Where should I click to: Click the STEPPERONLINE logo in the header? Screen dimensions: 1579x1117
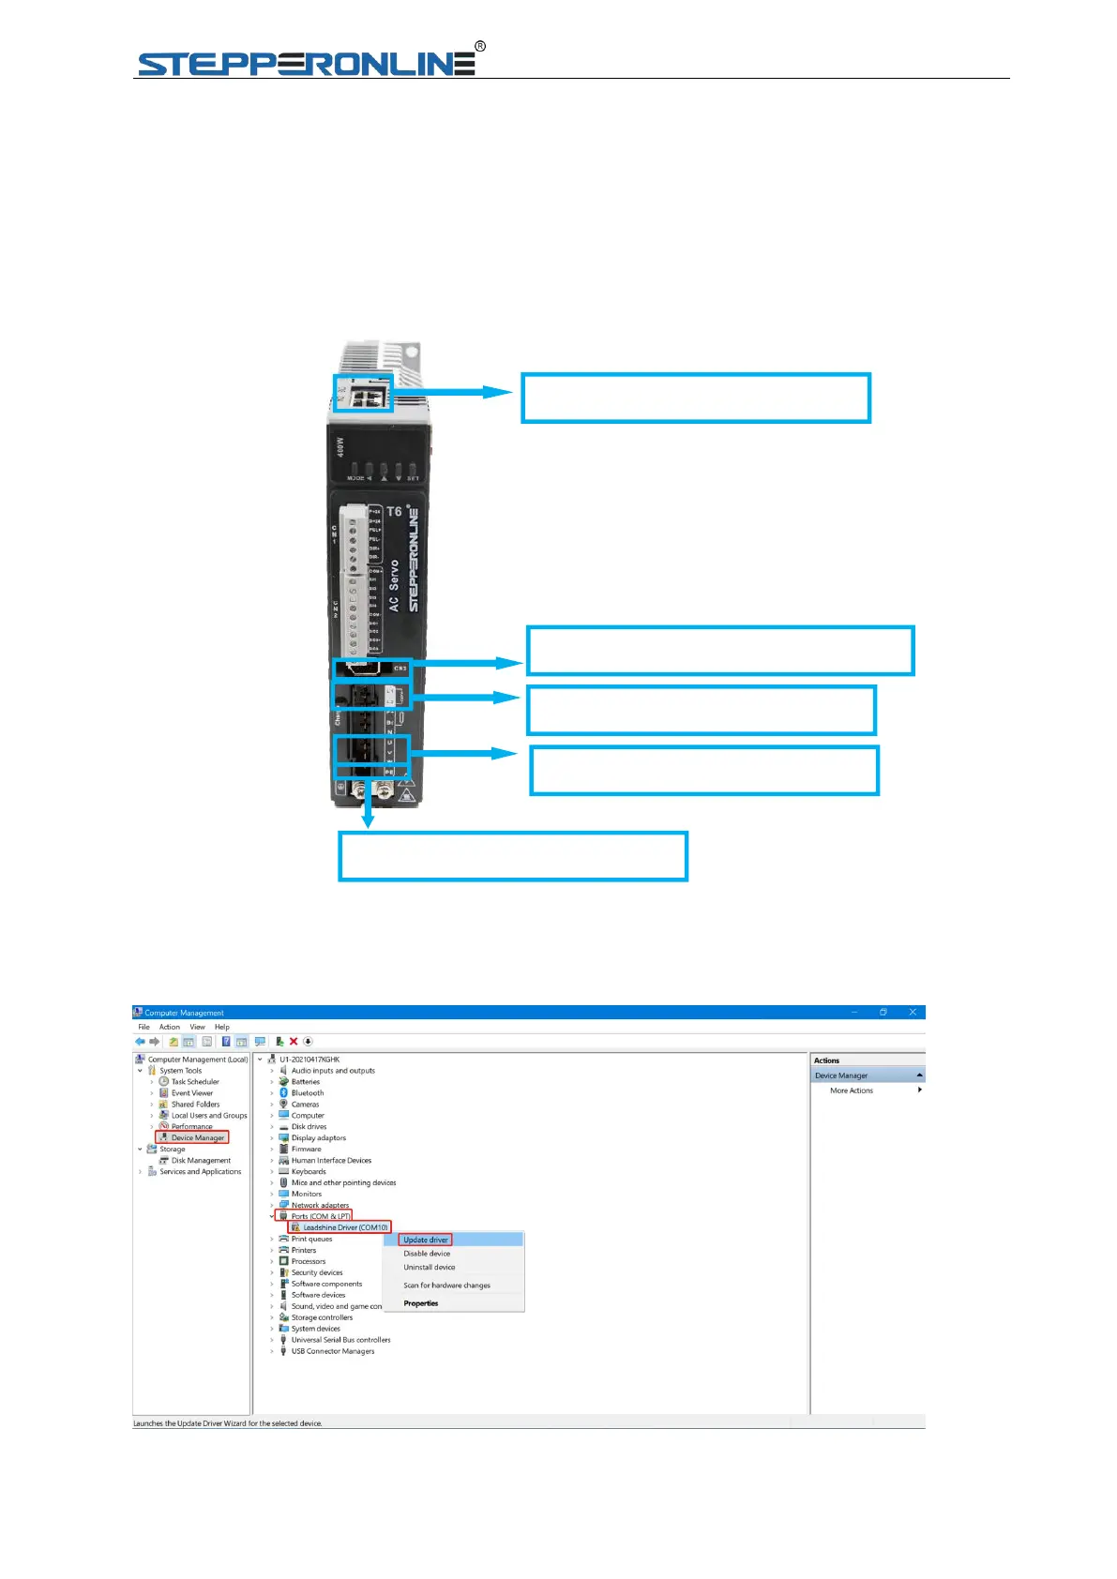(x=308, y=62)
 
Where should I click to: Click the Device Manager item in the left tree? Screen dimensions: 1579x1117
(x=197, y=1137)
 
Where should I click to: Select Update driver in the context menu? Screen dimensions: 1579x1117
(x=426, y=1240)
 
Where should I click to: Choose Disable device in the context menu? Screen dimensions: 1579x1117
(x=427, y=1254)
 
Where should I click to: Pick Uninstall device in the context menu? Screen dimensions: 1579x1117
(x=429, y=1268)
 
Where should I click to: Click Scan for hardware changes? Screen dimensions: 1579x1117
(x=446, y=1286)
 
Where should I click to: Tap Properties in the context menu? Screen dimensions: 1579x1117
(x=420, y=1303)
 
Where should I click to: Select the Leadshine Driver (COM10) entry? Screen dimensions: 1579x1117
(x=344, y=1227)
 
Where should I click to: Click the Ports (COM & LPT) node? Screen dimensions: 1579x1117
(x=320, y=1216)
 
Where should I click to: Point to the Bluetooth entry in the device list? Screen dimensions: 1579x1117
(x=307, y=1093)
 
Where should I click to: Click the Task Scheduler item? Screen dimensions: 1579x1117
(x=194, y=1082)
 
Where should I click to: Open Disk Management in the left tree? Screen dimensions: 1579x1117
(x=200, y=1161)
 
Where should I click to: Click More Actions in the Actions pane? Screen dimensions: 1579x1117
(x=851, y=1090)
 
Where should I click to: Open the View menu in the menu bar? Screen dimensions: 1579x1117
(x=197, y=1027)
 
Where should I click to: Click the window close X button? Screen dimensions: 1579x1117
(x=912, y=1013)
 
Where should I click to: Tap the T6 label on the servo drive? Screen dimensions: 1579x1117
(x=395, y=512)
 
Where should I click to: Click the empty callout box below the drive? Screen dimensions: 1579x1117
(x=513, y=856)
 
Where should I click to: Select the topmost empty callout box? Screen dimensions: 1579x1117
(x=696, y=399)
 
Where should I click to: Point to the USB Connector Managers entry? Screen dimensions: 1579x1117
(x=332, y=1351)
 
